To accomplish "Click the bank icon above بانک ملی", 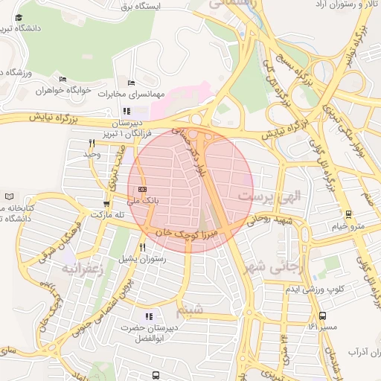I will pos(143,189).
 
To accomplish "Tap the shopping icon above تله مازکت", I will pos(106,202).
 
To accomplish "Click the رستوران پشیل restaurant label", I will pos(141,258).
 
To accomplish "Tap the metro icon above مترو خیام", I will pos(348,214).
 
